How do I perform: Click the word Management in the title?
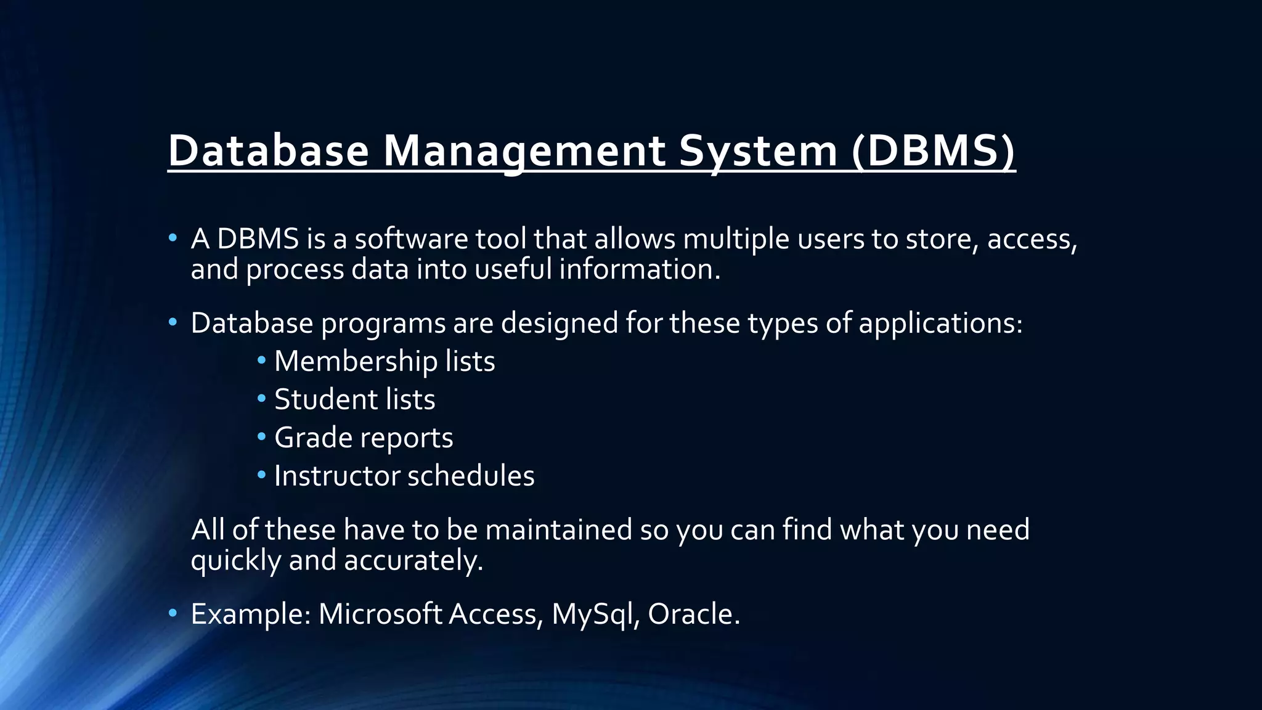(524, 150)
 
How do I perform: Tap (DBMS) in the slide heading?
(933, 150)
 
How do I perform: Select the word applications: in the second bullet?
(940, 324)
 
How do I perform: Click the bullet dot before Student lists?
(262, 398)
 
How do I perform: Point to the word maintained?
(558, 530)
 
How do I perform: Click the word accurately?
(413, 560)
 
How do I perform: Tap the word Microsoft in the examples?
(380, 614)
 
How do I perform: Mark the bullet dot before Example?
(173, 613)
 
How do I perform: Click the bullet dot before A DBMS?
(173, 238)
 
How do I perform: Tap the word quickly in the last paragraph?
(235, 560)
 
